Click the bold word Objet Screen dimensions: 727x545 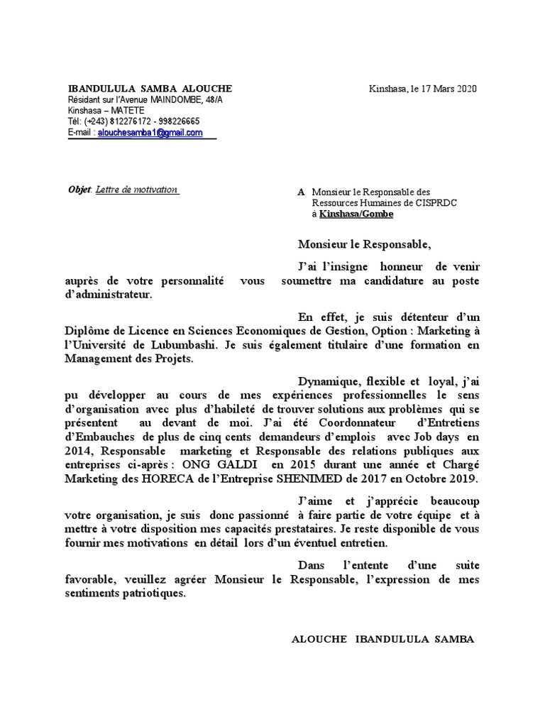point(79,190)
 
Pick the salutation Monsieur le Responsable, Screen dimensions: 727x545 point(364,245)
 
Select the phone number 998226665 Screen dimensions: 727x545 point(177,121)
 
